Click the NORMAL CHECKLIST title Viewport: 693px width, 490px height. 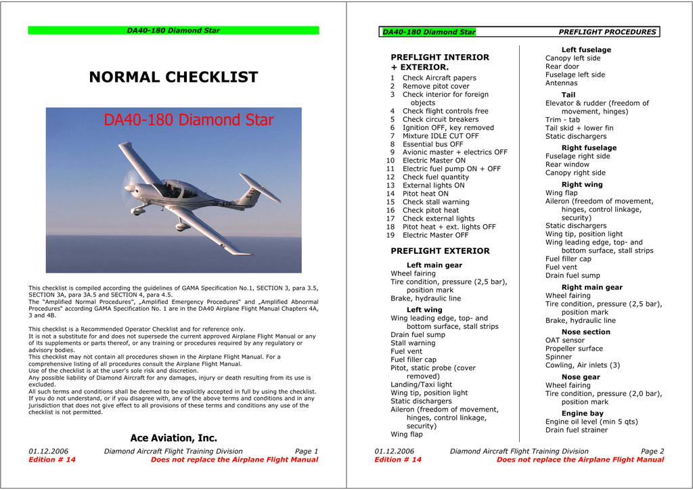(x=173, y=77)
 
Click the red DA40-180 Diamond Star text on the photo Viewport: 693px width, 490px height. (x=188, y=120)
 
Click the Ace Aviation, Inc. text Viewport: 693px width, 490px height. (x=173, y=438)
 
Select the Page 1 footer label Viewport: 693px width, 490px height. (x=306, y=451)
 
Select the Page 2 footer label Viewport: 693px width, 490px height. (x=652, y=451)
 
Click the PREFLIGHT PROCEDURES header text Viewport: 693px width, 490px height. (x=607, y=32)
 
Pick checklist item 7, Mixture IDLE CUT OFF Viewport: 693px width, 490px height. (x=440, y=136)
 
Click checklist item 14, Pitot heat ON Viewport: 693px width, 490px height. (x=425, y=194)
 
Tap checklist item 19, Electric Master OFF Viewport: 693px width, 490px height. (x=435, y=236)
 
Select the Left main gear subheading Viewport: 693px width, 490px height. (x=434, y=265)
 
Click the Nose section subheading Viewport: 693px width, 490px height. (x=585, y=332)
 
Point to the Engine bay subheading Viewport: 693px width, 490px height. (x=582, y=414)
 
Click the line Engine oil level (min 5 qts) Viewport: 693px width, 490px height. (x=591, y=422)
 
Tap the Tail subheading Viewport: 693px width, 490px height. (x=568, y=95)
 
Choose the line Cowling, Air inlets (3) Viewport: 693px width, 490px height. (x=582, y=365)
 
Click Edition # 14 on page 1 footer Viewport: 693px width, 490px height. (x=52, y=460)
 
